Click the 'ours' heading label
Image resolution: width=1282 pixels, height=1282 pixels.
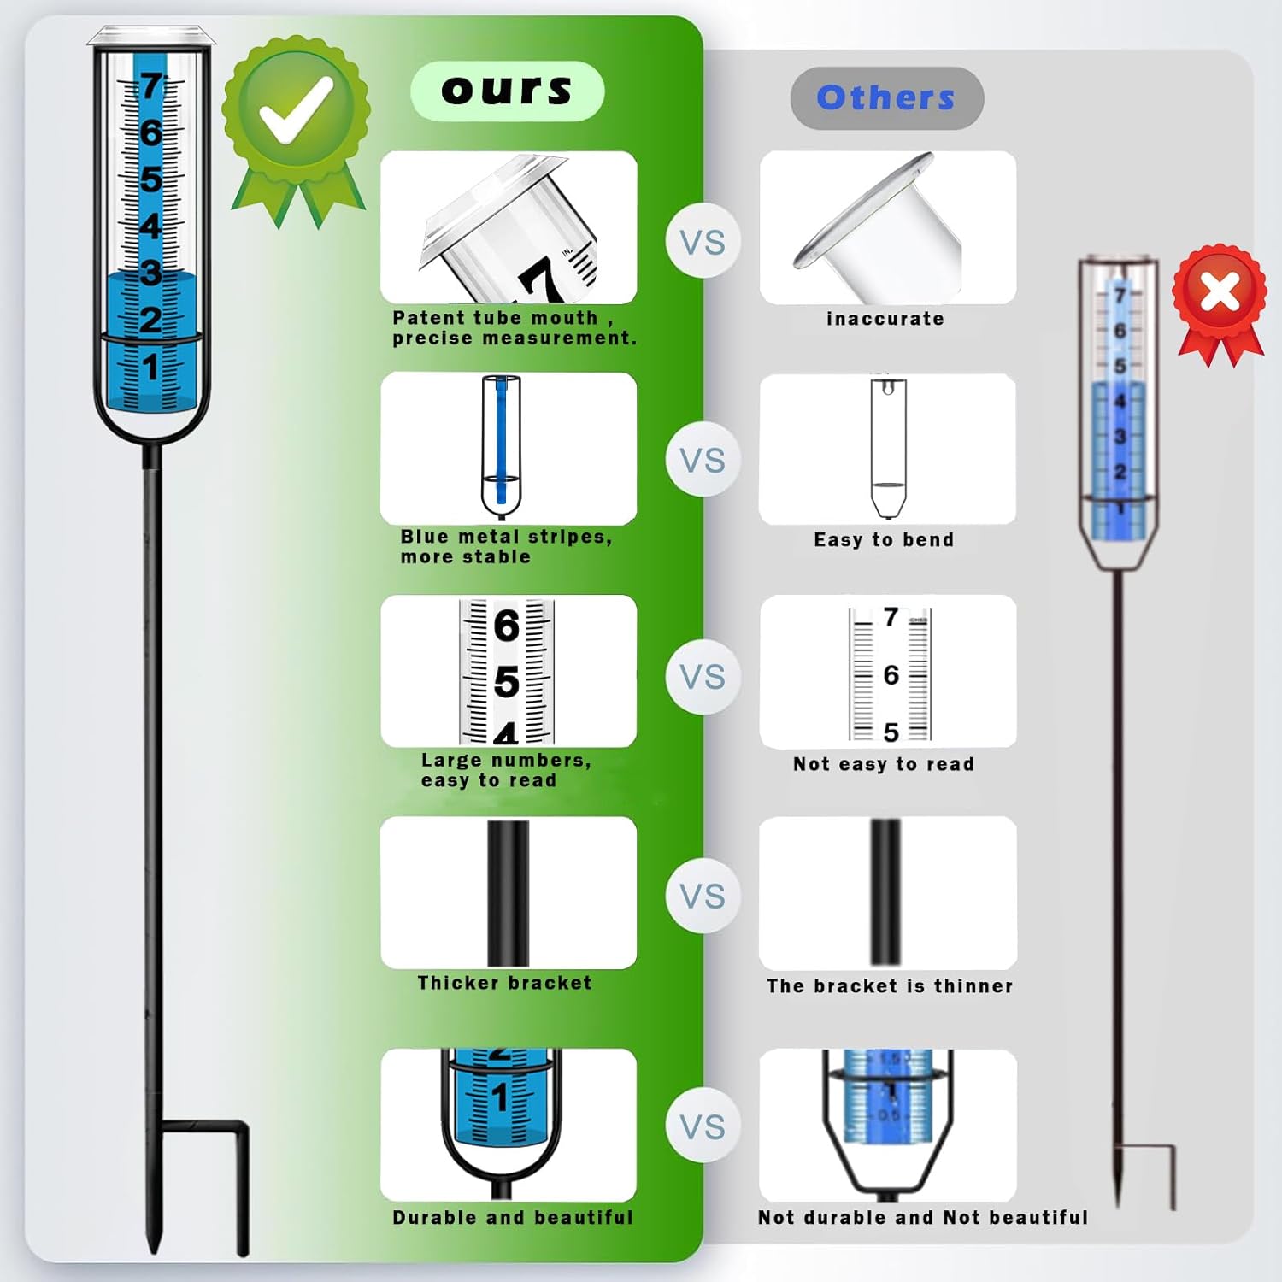click(507, 90)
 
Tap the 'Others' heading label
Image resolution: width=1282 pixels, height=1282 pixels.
click(886, 97)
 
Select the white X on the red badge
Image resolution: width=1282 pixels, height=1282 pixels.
click(1220, 293)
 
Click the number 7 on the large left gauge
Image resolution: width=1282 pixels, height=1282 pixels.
click(151, 86)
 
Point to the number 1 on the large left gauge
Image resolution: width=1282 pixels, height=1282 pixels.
click(150, 367)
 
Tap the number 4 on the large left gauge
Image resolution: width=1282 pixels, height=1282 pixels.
click(150, 226)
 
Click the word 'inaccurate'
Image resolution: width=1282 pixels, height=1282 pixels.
click(885, 319)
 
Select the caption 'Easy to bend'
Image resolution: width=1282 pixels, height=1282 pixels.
click(884, 540)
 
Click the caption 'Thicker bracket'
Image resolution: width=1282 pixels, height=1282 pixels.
click(504, 983)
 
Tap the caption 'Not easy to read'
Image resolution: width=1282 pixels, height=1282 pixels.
click(884, 764)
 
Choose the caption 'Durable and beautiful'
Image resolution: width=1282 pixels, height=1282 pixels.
click(513, 1217)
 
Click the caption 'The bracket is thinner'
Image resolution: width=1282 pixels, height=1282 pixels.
click(890, 986)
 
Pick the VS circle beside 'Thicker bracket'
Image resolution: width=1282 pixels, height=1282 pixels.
click(703, 897)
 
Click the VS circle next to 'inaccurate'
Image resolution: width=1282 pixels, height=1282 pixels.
click(703, 242)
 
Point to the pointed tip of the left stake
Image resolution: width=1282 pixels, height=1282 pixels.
click(155, 1252)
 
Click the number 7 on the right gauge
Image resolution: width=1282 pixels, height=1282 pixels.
click(1120, 296)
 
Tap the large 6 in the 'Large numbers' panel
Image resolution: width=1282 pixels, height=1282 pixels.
click(507, 626)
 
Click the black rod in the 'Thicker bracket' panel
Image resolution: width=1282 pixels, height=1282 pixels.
click(508, 893)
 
